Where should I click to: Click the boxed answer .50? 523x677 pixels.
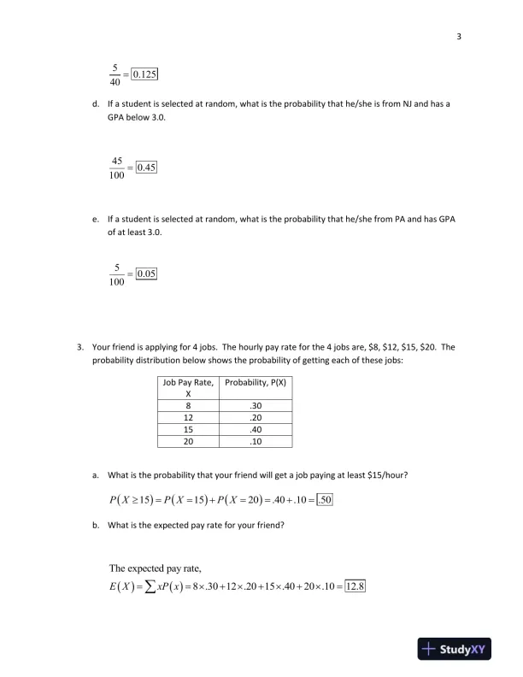point(325,499)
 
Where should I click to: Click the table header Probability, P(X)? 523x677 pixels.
point(255,384)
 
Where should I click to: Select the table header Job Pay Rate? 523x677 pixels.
point(187,384)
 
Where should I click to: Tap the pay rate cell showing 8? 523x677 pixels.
point(187,407)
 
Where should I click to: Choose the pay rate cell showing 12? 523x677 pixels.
point(187,418)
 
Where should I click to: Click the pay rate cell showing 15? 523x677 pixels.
point(187,430)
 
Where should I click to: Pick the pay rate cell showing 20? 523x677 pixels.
point(187,441)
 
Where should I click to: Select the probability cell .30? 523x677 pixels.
point(255,407)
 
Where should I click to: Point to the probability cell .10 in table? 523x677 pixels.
point(255,441)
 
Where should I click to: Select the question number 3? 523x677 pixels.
point(79,347)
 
